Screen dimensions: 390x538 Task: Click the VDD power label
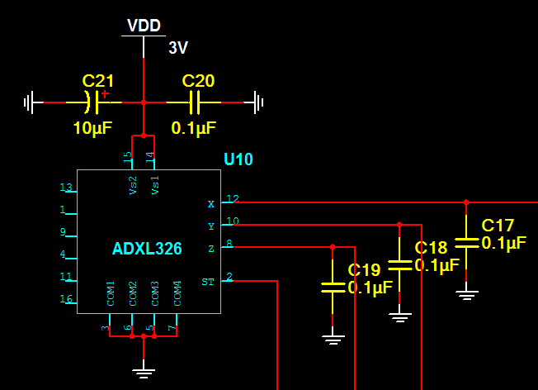click(x=144, y=26)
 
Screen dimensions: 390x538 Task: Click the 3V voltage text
click(x=178, y=48)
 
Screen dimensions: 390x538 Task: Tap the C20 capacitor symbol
click(x=195, y=102)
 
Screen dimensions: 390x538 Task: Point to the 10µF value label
click(x=92, y=128)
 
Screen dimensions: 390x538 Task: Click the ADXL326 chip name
click(x=147, y=249)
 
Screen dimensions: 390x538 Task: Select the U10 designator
click(x=238, y=159)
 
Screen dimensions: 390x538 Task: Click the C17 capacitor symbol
click(x=467, y=242)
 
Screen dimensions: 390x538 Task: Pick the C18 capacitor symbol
click(x=399, y=264)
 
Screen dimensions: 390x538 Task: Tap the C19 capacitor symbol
click(x=333, y=287)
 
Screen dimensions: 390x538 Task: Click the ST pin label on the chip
click(x=208, y=282)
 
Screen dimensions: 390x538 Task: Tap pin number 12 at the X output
click(x=232, y=198)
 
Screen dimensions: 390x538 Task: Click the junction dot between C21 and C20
click(x=144, y=102)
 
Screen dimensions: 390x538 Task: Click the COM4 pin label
click(x=177, y=294)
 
